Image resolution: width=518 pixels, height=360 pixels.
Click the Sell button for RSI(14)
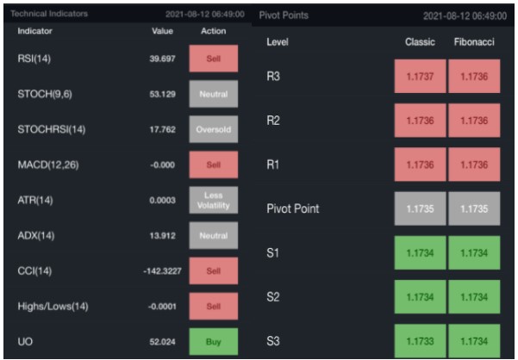coord(213,58)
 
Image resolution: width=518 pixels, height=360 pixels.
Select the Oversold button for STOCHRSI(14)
coord(213,129)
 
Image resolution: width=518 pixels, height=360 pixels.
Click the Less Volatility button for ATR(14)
coord(213,200)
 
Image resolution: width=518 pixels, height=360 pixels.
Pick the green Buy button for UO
coord(213,342)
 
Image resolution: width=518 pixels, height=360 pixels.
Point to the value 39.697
coord(162,59)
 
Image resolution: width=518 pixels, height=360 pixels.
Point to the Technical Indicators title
coord(47,15)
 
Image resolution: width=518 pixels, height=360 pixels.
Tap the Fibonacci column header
coord(474,42)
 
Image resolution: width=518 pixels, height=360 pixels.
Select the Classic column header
coord(421,42)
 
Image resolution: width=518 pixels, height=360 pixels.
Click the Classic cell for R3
coord(420,77)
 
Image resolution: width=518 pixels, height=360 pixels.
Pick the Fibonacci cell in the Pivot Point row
coord(474,208)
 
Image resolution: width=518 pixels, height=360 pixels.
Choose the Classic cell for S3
coord(420,340)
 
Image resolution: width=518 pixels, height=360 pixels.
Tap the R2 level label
coord(273,120)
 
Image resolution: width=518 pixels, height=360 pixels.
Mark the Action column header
coord(213,31)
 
